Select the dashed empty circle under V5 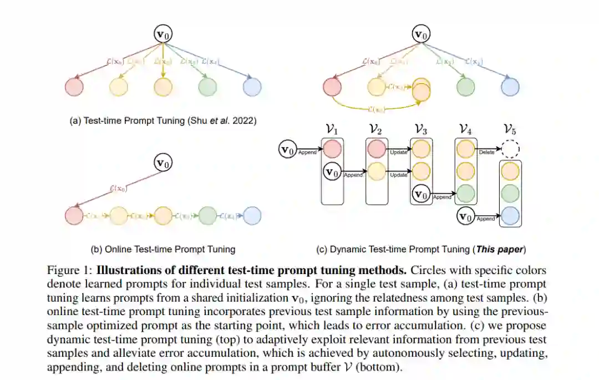point(510,149)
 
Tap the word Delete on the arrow point(486,152)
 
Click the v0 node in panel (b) point(163,163)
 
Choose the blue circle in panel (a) point(252,87)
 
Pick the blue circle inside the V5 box point(510,214)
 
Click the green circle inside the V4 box point(466,194)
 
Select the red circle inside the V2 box point(377,149)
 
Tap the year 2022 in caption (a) point(245,120)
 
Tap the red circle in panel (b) point(74,215)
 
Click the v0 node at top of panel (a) point(163,35)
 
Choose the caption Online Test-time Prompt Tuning point(163,249)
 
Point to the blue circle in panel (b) point(252,215)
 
